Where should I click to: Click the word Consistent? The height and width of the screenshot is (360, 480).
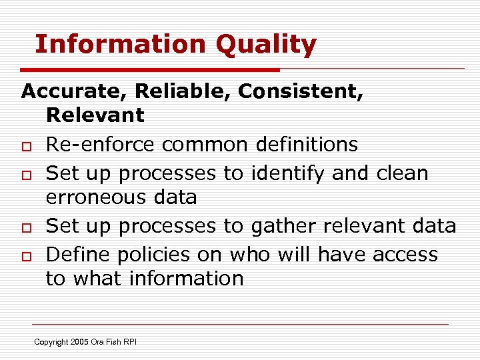coord(301,91)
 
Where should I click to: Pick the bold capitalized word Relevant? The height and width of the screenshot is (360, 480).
coord(95,115)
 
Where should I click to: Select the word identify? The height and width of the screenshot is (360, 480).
coord(287,173)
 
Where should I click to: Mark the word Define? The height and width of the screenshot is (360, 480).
coord(77,254)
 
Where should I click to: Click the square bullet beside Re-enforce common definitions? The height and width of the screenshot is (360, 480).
coord(26,145)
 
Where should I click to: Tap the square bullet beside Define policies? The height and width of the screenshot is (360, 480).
coord(26,256)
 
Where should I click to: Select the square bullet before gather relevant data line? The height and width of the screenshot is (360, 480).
coord(26,227)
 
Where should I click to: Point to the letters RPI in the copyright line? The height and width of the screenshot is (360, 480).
coord(129,342)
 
